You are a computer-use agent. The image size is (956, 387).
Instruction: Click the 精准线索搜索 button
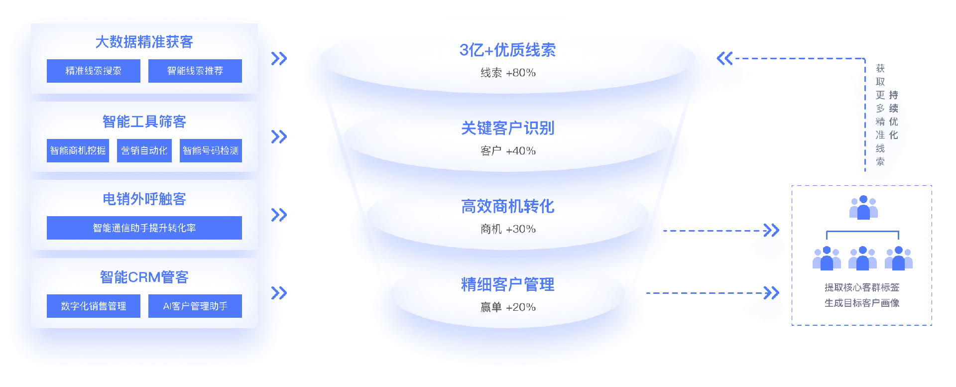click(94, 71)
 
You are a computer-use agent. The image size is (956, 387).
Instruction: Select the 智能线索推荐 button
click(195, 71)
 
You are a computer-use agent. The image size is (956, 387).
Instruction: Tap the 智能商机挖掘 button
click(78, 150)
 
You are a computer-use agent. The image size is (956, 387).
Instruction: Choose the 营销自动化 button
click(144, 150)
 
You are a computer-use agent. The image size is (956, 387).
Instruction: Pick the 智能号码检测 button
click(211, 150)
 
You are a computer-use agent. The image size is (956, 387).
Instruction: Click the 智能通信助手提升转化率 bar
click(144, 228)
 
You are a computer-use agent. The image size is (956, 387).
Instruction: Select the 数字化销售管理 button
click(94, 306)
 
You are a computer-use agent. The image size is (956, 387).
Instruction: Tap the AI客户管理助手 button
click(195, 306)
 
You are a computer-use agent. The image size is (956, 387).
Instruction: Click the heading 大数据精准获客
click(144, 42)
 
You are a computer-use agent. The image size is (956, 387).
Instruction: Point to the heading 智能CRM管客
click(144, 277)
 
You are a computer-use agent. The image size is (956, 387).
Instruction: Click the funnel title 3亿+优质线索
click(507, 50)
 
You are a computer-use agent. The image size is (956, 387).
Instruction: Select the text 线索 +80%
click(508, 73)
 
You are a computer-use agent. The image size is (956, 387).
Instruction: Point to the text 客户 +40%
click(508, 151)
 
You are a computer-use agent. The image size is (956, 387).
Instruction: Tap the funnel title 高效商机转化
click(507, 206)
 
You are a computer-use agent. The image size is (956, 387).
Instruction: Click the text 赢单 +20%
click(508, 307)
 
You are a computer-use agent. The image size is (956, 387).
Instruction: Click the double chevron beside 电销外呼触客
click(279, 215)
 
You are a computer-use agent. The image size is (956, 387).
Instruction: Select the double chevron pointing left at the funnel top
click(724, 59)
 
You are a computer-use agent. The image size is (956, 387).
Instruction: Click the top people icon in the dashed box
click(863, 207)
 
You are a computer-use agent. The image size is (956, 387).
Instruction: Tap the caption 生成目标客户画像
click(862, 303)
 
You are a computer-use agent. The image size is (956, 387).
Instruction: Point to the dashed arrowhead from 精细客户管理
click(771, 293)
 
